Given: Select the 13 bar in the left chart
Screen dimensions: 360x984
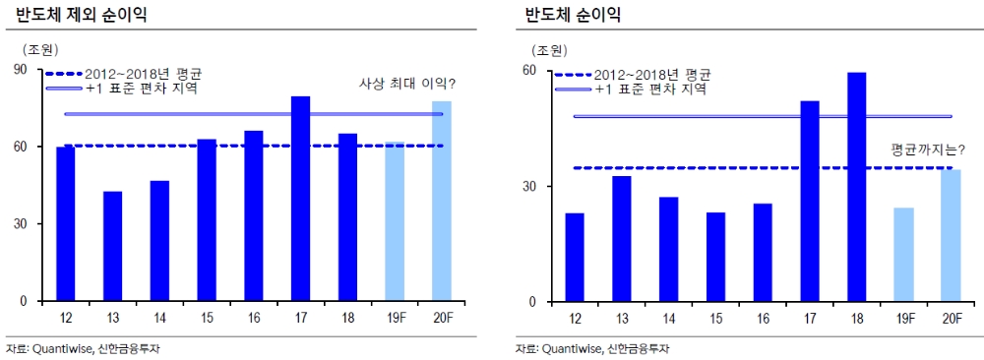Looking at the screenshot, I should pyautogui.click(x=112, y=246).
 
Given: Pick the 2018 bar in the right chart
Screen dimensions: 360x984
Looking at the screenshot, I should pyautogui.click(x=856, y=187).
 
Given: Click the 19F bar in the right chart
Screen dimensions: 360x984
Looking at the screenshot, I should pyautogui.click(x=903, y=255).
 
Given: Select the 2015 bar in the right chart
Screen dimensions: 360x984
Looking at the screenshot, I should pyautogui.click(x=715, y=257).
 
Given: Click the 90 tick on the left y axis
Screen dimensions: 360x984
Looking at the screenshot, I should pyautogui.click(x=20, y=71).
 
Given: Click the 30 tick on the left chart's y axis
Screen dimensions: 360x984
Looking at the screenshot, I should pyautogui.click(x=20, y=224).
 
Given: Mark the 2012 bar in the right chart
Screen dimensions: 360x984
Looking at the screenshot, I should pyautogui.click(x=575, y=257).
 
